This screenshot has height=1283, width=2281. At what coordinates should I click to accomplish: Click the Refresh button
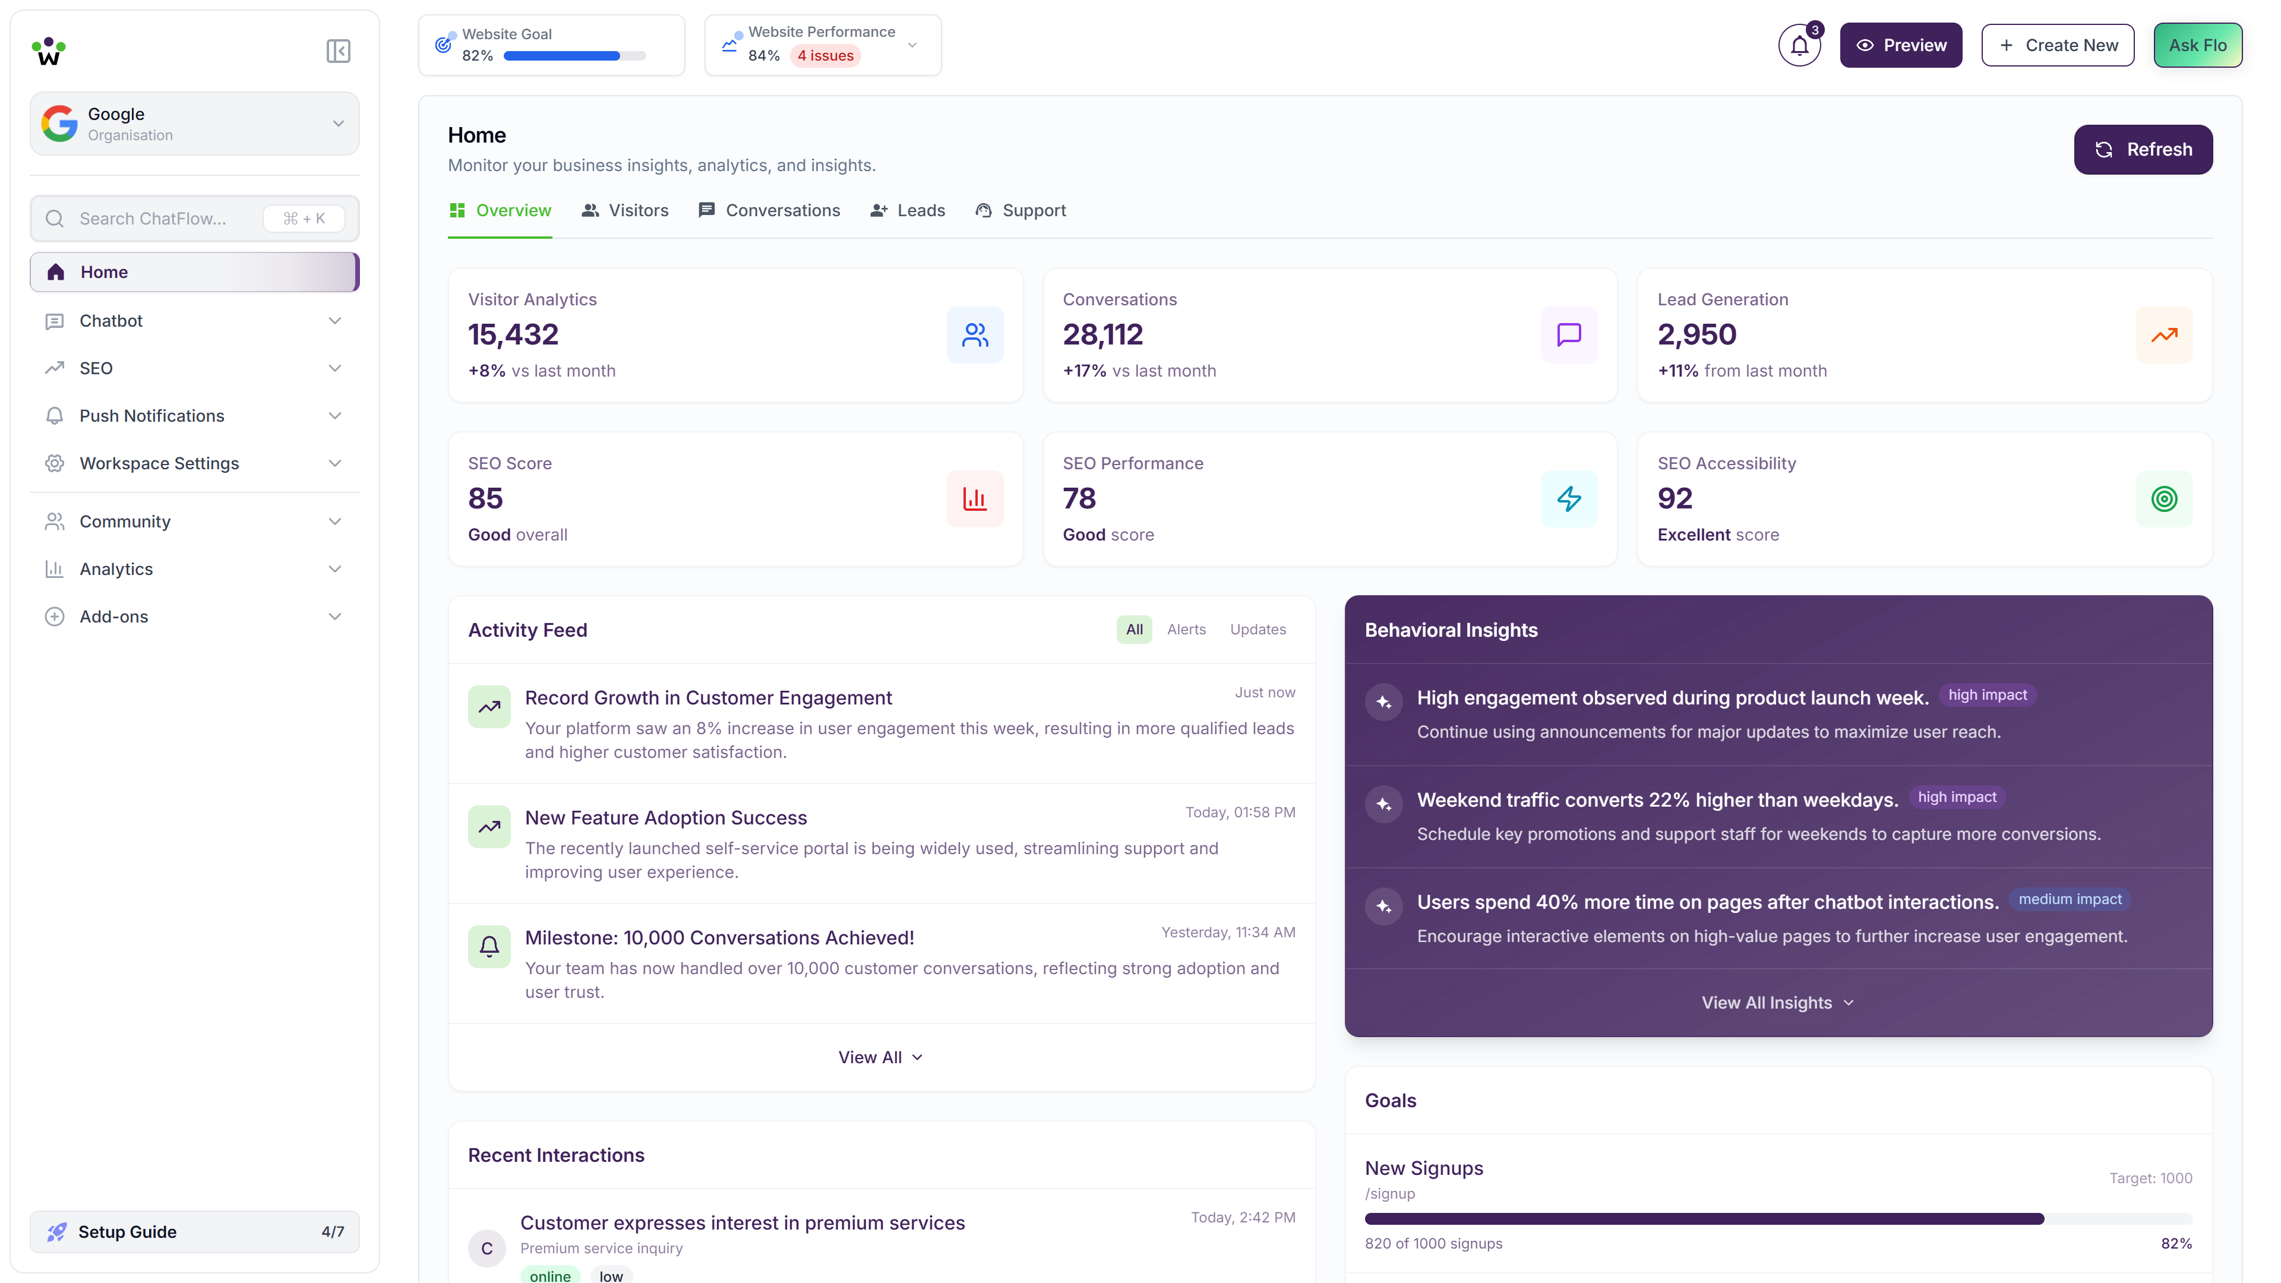(x=2142, y=150)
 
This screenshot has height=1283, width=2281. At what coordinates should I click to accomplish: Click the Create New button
(x=2057, y=45)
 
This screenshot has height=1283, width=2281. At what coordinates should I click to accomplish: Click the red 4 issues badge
(x=824, y=56)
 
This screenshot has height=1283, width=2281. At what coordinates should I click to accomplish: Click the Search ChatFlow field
(x=152, y=219)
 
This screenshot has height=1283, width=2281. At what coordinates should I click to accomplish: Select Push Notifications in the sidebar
(x=151, y=416)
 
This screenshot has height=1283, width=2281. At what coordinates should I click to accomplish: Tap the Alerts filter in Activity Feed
(x=1186, y=630)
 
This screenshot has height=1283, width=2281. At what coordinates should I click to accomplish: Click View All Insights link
(x=1776, y=1002)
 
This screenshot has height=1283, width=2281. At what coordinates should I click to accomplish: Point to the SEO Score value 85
(x=485, y=498)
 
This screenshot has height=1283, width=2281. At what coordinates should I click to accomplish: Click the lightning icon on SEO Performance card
(x=1568, y=498)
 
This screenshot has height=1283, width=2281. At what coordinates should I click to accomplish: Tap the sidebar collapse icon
(x=337, y=51)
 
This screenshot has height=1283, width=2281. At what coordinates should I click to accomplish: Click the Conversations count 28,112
(x=1102, y=334)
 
